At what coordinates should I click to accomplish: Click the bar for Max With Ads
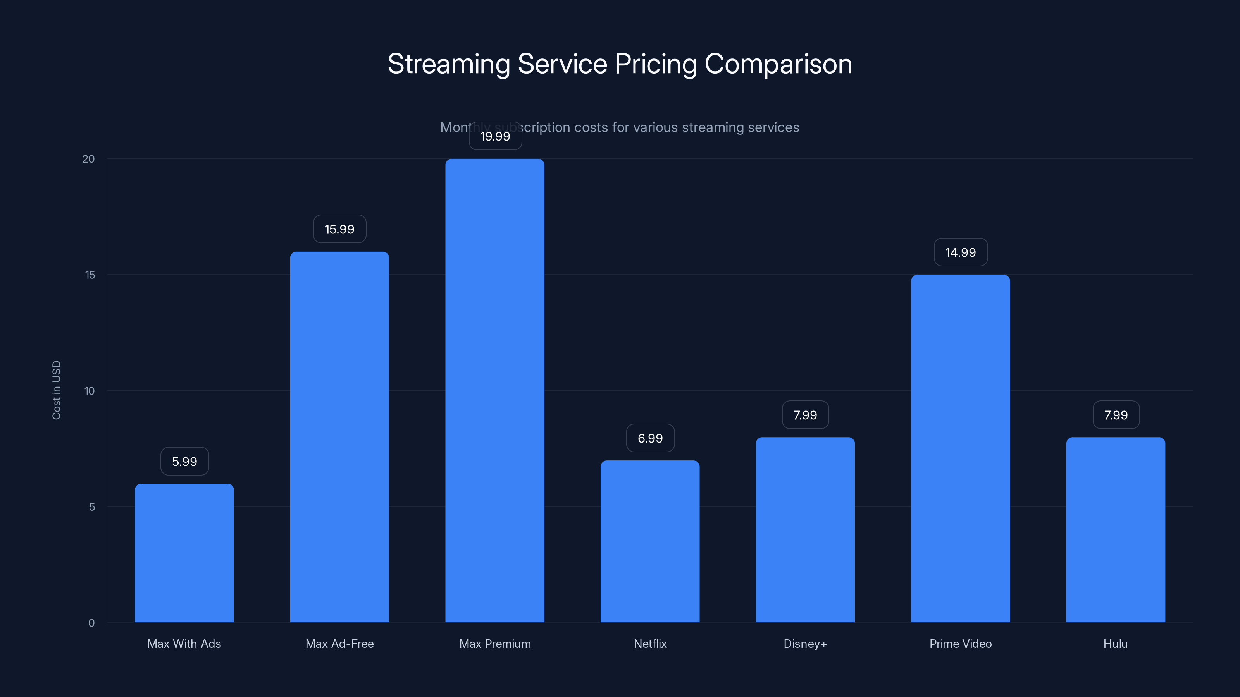184,553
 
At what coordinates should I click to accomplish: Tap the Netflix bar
650,541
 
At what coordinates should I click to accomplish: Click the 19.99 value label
495,137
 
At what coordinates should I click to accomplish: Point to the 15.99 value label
339,229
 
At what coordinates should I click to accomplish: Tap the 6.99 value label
650,438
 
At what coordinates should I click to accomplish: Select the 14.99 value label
960,252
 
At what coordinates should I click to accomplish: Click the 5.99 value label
184,461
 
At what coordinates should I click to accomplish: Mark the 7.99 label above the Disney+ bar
805,415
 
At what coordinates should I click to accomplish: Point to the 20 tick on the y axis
89,159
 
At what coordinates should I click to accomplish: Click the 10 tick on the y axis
90,391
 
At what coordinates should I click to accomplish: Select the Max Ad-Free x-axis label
339,644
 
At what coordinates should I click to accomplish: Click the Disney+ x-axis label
805,644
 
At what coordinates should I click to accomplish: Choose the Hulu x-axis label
1115,644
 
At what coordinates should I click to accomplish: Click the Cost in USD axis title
56,390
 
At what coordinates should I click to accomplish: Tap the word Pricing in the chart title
656,64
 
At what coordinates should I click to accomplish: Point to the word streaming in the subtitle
713,127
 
